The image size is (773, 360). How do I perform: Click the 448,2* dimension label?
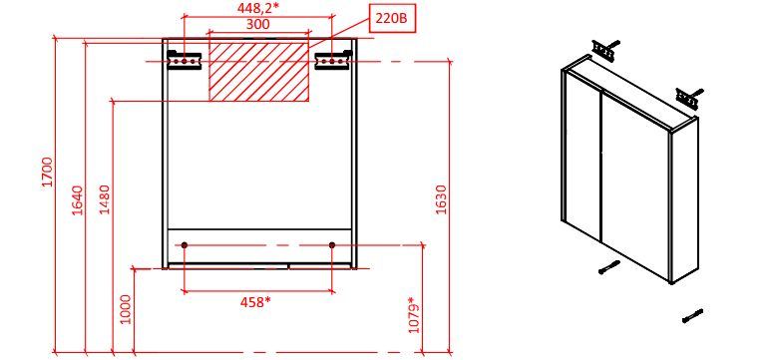257,8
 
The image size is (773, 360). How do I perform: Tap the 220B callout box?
392,19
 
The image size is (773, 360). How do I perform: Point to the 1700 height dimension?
47,173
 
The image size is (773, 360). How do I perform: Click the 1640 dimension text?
78,200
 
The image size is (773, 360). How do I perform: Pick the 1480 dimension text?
106,199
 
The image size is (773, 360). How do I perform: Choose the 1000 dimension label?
127,309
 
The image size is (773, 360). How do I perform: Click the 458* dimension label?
255,302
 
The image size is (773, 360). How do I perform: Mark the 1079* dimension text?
415,315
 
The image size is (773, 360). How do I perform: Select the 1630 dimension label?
441,199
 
